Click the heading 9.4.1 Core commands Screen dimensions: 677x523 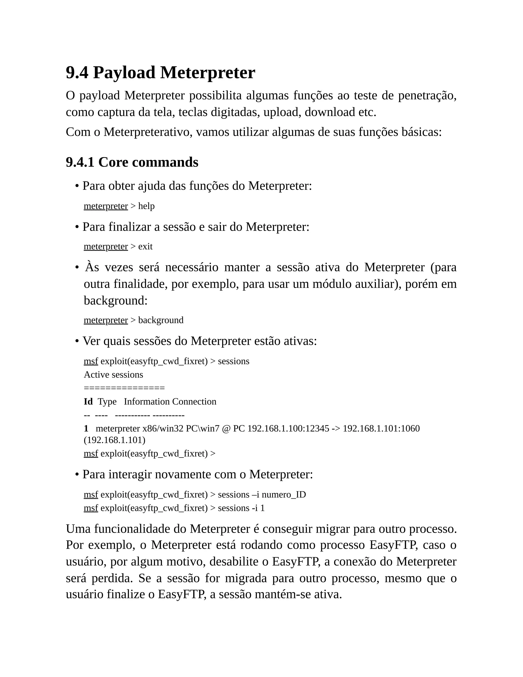[x=132, y=162]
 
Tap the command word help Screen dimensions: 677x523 [x=146, y=206]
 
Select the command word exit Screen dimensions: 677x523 [x=145, y=247]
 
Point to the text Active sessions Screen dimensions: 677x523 [x=113, y=375]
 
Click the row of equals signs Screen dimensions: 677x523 [x=124, y=388]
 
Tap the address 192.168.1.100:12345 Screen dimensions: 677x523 [x=288, y=428]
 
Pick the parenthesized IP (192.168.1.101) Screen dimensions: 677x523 [x=114, y=440]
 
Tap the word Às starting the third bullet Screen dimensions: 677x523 [x=92, y=267]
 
